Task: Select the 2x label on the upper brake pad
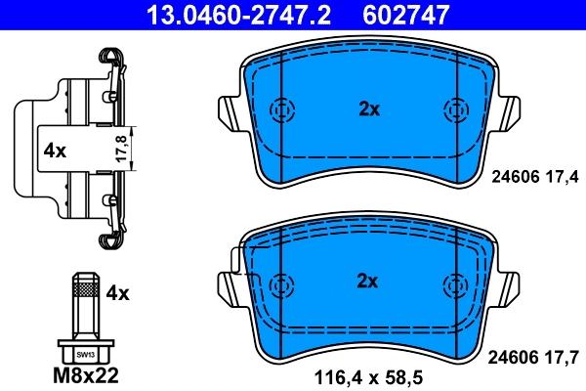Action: point(367,109)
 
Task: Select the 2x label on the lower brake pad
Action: point(367,282)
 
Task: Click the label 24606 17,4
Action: point(533,176)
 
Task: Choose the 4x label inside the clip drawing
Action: point(54,151)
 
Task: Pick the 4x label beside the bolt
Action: point(117,291)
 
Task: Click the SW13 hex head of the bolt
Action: point(86,354)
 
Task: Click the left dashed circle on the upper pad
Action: point(281,110)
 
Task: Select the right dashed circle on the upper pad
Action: point(454,110)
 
